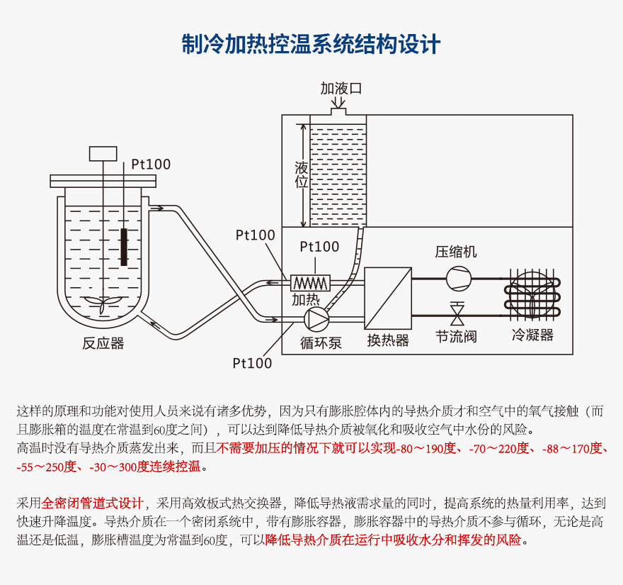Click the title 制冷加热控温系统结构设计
pos(311,44)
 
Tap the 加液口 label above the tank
pos(341,89)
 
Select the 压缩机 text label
pos(456,252)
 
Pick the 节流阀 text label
pos(456,336)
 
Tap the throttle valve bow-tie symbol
pos(457,311)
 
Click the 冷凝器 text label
pos(532,335)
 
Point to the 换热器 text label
pos(387,340)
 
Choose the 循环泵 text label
pos(320,342)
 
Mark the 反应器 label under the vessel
pos(103,343)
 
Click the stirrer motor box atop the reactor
pos(103,152)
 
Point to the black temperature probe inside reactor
pos(125,246)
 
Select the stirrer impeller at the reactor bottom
pos(103,303)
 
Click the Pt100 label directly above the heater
pos(319,247)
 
